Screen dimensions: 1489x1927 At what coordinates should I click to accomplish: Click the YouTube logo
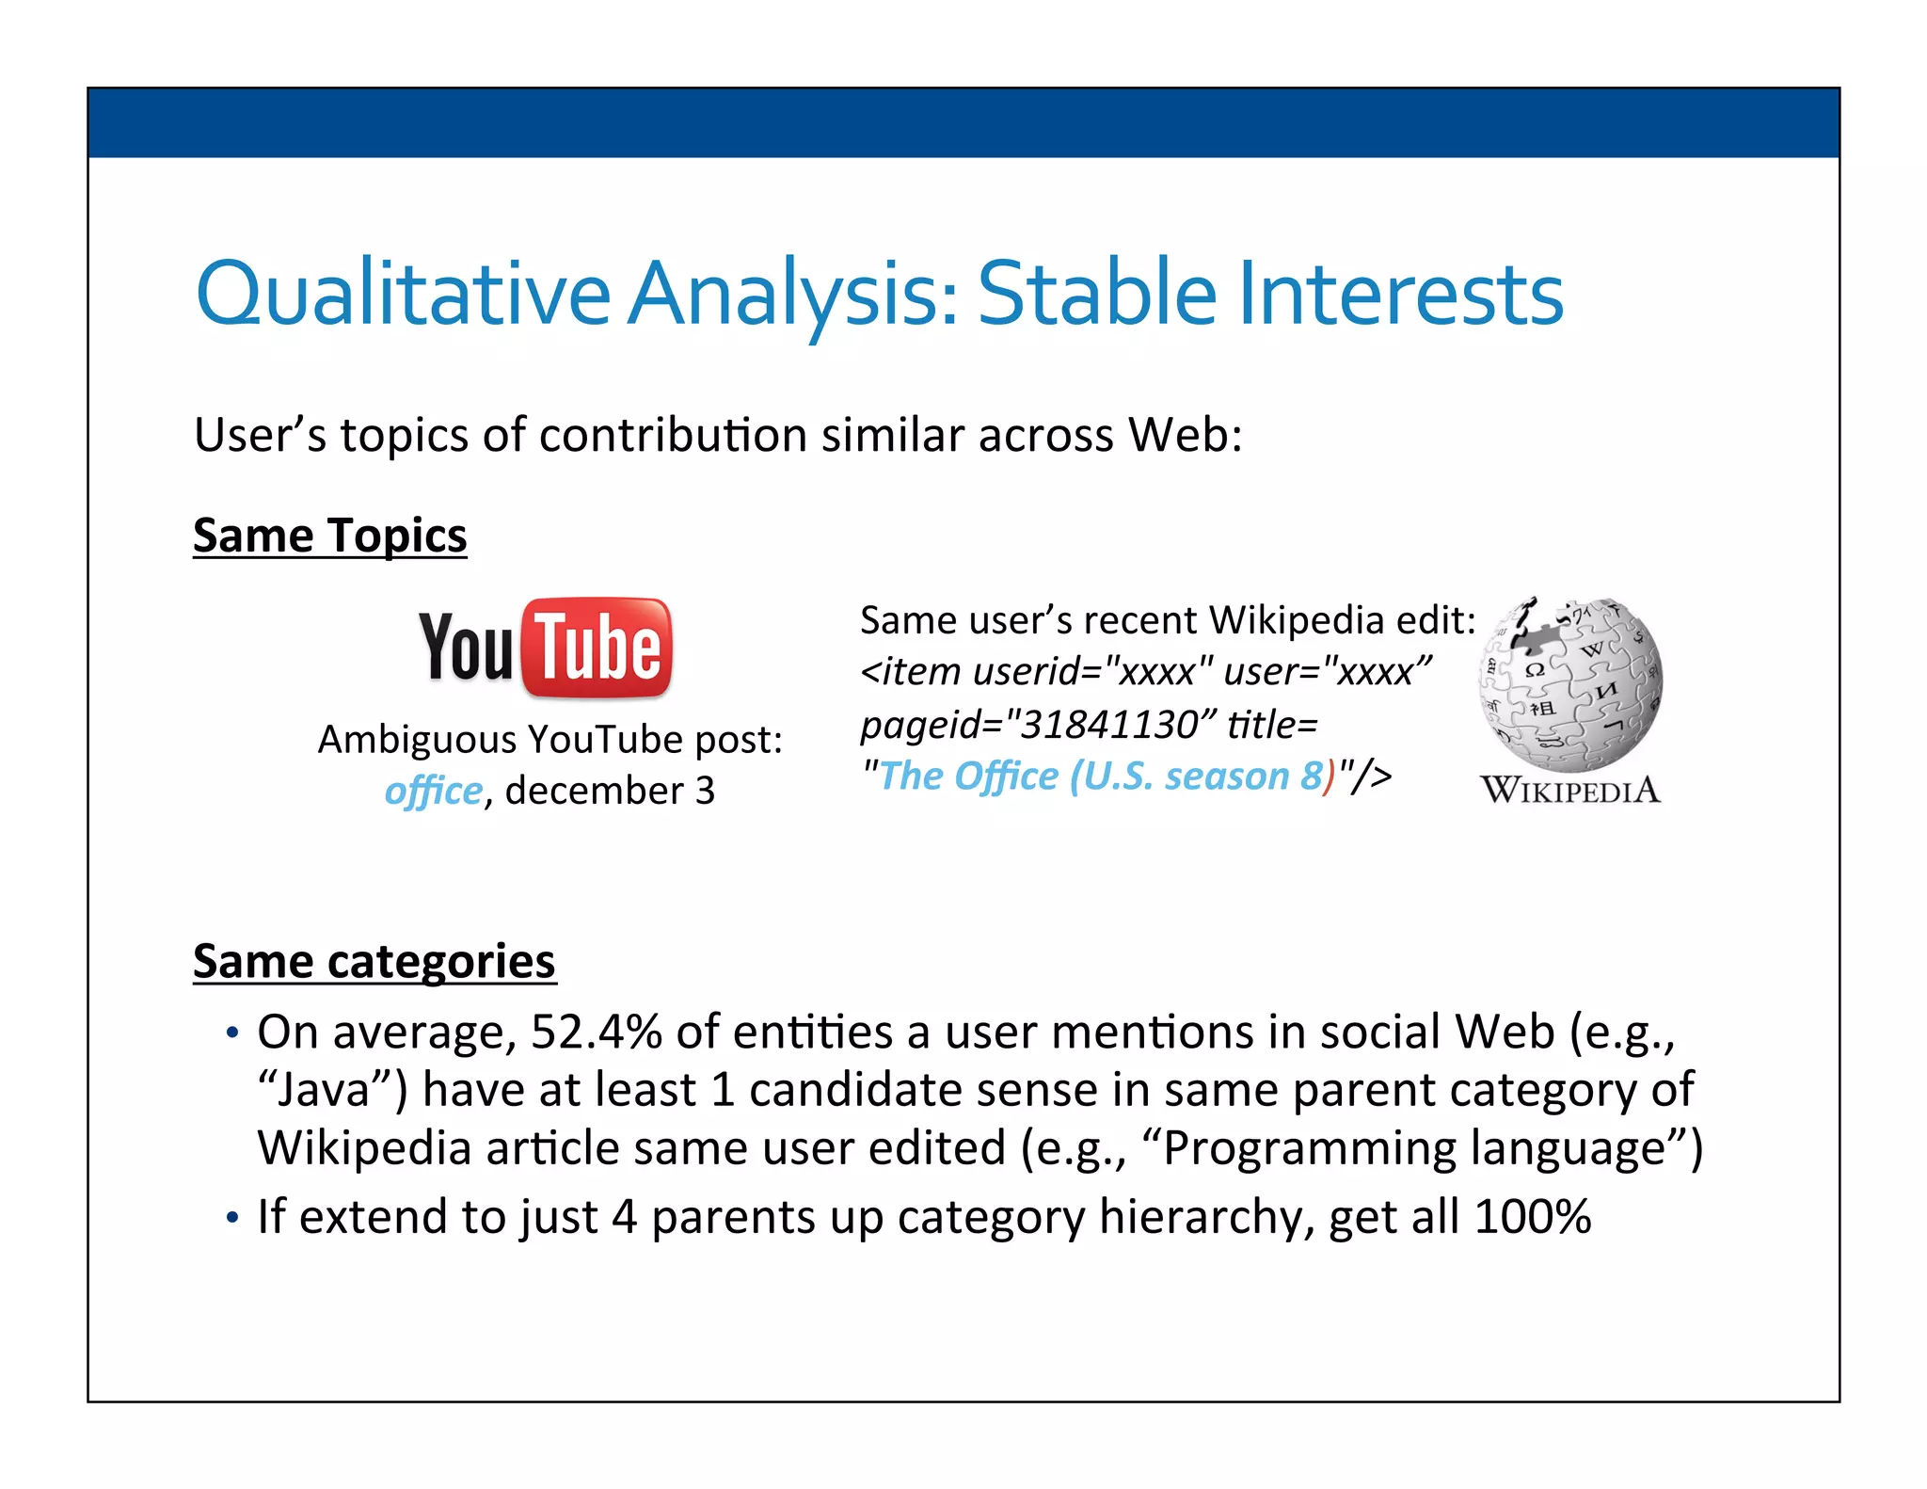click(546, 648)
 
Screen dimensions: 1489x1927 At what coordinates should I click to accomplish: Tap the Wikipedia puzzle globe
click(1570, 684)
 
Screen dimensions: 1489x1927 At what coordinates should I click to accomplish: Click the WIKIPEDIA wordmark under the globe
click(1570, 790)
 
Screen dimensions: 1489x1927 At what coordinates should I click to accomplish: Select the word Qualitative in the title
click(403, 294)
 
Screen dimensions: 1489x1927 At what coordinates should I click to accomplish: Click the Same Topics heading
click(329, 536)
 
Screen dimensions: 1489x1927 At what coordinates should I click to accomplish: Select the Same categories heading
click(374, 961)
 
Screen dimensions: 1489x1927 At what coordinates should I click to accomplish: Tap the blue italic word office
click(433, 791)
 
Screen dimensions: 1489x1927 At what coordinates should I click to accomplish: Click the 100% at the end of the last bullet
click(1533, 1216)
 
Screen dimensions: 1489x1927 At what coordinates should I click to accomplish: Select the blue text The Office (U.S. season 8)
click(1101, 777)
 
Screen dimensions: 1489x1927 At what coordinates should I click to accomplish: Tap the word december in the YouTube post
click(594, 791)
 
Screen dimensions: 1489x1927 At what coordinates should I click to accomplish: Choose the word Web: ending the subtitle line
click(1186, 435)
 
